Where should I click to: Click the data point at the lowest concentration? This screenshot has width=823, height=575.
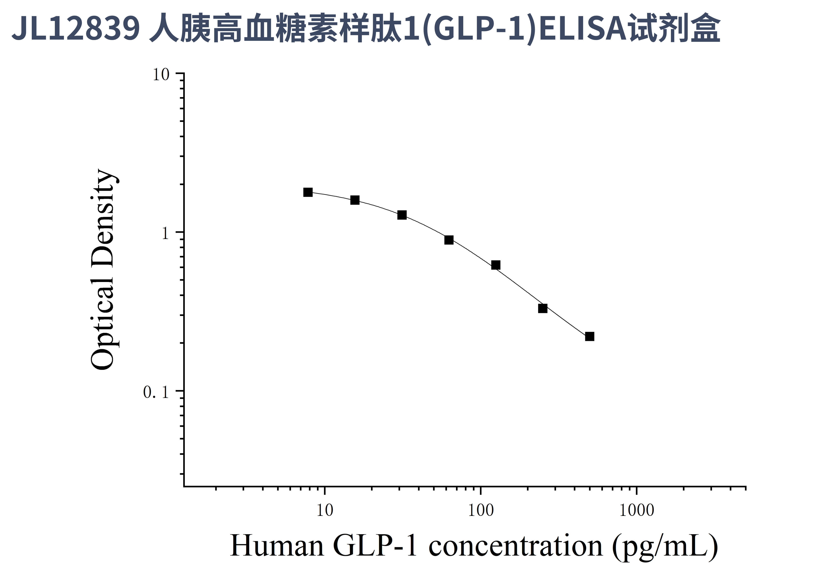point(308,192)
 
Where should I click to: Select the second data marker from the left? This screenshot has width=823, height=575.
point(355,200)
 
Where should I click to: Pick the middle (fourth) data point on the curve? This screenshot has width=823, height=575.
point(449,240)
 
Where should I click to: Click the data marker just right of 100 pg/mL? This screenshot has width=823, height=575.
point(496,265)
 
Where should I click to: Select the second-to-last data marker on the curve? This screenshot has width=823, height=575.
point(543,308)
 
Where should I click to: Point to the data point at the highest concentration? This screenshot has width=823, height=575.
point(590,336)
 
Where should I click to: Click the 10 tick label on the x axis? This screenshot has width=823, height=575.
point(325,510)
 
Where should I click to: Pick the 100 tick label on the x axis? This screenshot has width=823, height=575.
point(481,510)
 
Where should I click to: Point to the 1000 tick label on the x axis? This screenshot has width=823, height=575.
point(637,510)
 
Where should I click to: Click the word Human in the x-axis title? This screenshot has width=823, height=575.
point(277,546)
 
